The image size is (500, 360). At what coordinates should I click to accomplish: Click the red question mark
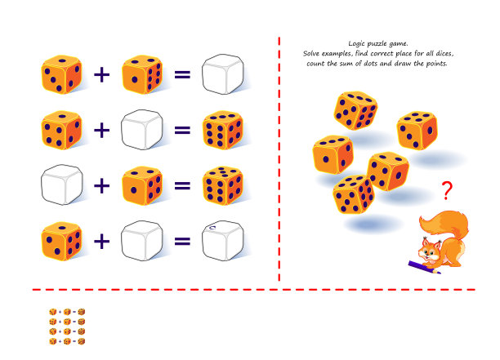pyautogui.click(x=447, y=190)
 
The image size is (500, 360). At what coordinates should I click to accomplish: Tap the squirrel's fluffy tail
pyautogui.click(x=446, y=223)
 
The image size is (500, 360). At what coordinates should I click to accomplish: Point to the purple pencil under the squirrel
pyautogui.click(x=424, y=267)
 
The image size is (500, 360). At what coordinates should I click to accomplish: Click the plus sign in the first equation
pyautogui.click(x=102, y=75)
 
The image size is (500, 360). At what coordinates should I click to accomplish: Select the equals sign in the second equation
pyautogui.click(x=182, y=130)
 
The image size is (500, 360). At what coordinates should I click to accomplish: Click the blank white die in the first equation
pyautogui.click(x=223, y=74)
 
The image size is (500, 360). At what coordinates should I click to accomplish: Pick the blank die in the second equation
pyautogui.click(x=142, y=130)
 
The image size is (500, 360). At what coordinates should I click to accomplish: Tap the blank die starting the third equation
pyautogui.click(x=62, y=184)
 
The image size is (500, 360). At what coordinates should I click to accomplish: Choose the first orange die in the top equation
pyautogui.click(x=61, y=74)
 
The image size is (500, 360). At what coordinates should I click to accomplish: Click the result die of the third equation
pyautogui.click(x=223, y=185)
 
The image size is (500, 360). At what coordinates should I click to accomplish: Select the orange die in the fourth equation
pyautogui.click(x=61, y=241)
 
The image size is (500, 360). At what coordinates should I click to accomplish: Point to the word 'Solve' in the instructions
pyautogui.click(x=311, y=54)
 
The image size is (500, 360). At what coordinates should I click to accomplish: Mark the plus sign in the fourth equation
pyautogui.click(x=102, y=242)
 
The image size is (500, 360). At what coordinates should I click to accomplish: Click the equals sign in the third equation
pyautogui.click(x=182, y=185)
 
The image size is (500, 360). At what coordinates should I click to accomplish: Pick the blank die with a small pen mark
pyautogui.click(x=223, y=241)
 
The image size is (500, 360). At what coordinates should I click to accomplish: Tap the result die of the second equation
pyautogui.click(x=223, y=130)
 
